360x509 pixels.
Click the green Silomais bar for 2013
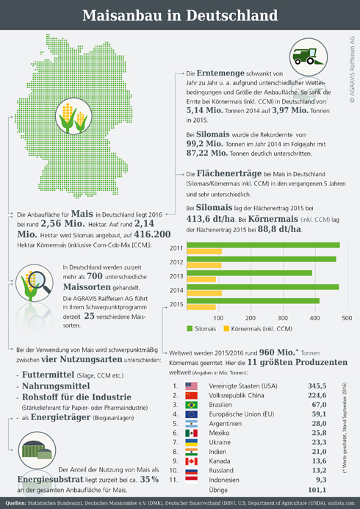250,273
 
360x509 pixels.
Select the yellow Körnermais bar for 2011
204,251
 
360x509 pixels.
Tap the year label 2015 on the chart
176,305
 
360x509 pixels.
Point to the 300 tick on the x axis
283,318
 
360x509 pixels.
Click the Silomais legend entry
201,329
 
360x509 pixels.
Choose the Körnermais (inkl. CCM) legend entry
258,329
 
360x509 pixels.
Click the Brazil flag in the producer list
191,405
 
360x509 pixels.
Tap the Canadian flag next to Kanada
191,461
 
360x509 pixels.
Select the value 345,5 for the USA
317,386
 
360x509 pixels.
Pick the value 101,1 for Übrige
317,489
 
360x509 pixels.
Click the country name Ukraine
220,442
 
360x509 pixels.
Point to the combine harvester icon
309,57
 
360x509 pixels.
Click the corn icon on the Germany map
73,116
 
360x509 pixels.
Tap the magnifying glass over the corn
40,281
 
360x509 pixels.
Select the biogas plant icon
37,450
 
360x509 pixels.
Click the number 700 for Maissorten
95,276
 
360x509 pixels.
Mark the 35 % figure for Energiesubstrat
149,480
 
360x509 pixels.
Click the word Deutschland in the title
231,15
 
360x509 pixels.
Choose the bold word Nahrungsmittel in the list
56,386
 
